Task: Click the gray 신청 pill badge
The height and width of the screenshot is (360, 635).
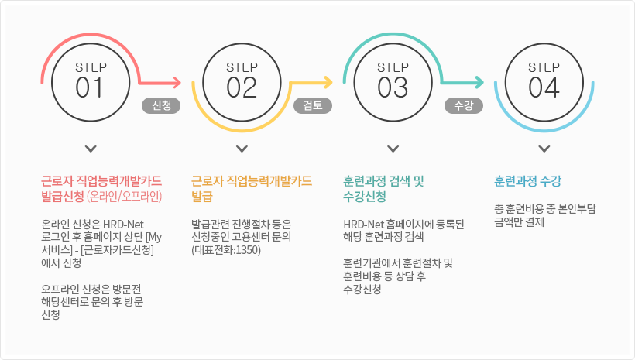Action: pyautogui.click(x=161, y=106)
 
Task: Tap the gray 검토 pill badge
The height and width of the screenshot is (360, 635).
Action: pyautogui.click(x=313, y=106)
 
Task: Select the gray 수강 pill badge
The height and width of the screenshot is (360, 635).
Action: pyautogui.click(x=464, y=106)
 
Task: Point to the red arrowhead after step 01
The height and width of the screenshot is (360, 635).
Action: pyautogui.click(x=177, y=83)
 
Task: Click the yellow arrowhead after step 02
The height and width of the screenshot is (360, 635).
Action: pyautogui.click(x=328, y=83)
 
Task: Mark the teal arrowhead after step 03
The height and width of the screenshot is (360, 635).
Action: pyautogui.click(x=479, y=83)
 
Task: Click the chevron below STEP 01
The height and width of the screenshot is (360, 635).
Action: pyautogui.click(x=91, y=149)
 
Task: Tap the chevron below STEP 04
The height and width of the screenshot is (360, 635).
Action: pyautogui.click(x=544, y=149)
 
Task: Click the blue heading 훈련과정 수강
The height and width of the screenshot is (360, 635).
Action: pyautogui.click(x=527, y=181)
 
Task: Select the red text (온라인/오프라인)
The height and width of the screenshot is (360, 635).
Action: pyautogui.click(x=125, y=197)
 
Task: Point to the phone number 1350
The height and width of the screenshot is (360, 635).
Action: pyautogui.click(x=248, y=250)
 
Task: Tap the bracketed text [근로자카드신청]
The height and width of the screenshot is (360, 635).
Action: pyautogui.click(x=117, y=250)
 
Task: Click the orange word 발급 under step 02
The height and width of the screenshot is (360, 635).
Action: pyautogui.click(x=201, y=197)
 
